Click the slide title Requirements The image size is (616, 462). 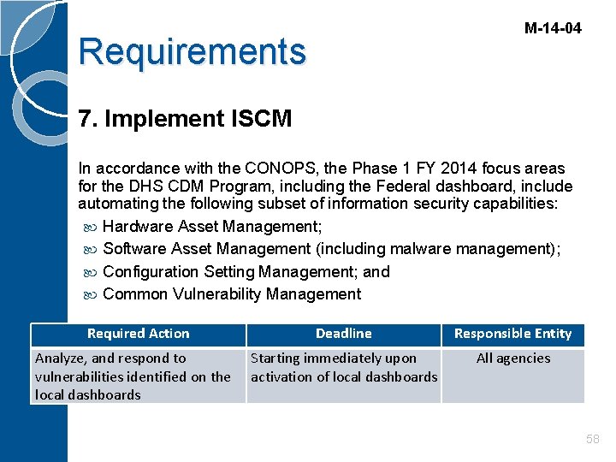tap(192, 51)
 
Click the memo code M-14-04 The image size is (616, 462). tap(552, 28)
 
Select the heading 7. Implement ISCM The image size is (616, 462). tap(185, 119)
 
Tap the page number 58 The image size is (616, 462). tap(592, 439)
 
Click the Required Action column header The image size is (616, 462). tap(138, 334)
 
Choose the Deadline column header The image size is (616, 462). tap(343, 334)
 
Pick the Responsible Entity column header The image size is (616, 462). tap(512, 334)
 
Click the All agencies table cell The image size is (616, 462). tap(512, 358)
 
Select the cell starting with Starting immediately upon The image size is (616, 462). tap(343, 368)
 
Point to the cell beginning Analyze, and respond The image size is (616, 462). tap(133, 376)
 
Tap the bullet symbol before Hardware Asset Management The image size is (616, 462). tap(91, 227)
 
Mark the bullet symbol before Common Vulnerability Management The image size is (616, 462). tap(91, 294)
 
